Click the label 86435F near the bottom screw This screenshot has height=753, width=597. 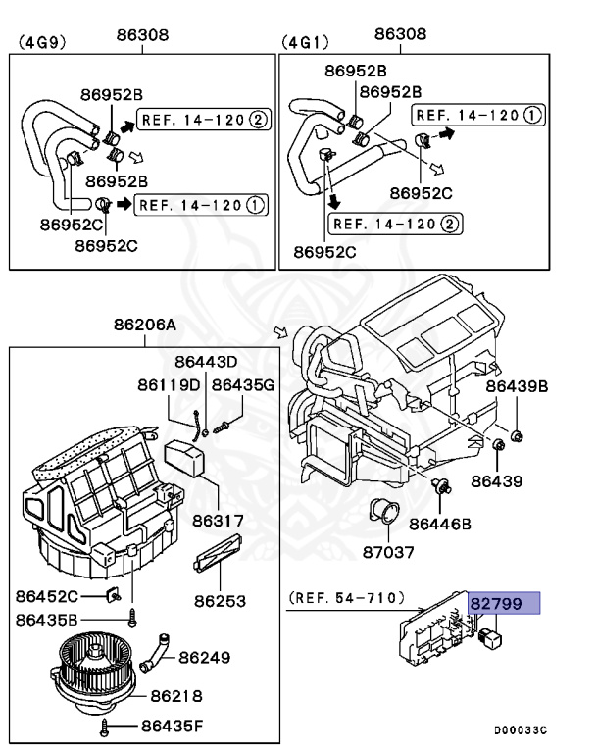[x=172, y=726]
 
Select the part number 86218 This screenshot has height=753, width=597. [x=176, y=696]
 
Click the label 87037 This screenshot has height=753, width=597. [x=388, y=552]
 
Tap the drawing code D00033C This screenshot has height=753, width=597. [x=520, y=729]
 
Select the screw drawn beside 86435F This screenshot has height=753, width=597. [x=106, y=727]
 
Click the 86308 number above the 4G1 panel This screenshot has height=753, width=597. [x=400, y=34]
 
